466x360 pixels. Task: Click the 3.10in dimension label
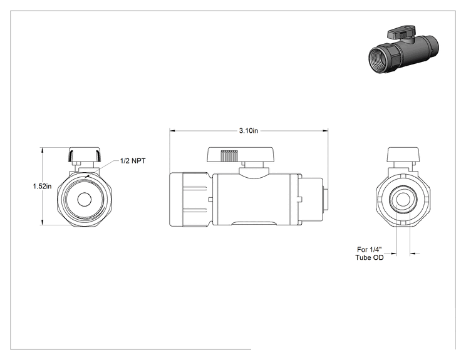coord(249,131)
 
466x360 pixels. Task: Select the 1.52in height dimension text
coord(42,186)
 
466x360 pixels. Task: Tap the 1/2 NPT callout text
coord(133,161)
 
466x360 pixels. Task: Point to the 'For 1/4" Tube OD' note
coord(370,254)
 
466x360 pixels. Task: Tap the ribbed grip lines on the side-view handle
coord(229,156)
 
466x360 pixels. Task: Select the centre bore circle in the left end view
coord(85,199)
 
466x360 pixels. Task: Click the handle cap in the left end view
coord(85,155)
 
